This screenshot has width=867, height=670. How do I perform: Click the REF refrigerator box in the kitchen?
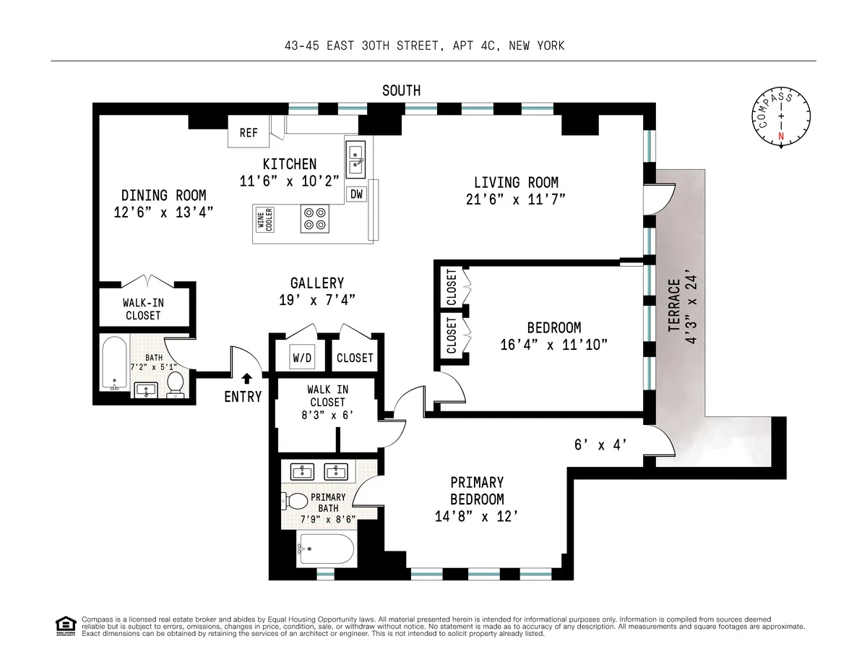[x=249, y=133]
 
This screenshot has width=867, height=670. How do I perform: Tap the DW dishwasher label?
[x=356, y=194]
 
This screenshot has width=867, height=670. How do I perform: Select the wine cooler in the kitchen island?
[x=264, y=219]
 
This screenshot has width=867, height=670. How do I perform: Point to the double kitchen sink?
[x=356, y=160]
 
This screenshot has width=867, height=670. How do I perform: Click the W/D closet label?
[x=301, y=358]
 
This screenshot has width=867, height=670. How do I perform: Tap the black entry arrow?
[x=247, y=377]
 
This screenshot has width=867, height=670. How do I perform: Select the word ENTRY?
[x=243, y=396]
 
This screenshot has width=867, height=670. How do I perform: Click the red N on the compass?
[x=781, y=135]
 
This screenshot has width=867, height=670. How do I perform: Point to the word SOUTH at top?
[x=401, y=90]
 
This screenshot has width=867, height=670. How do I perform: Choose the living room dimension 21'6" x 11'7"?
[x=515, y=199]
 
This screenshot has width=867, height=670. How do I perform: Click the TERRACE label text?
[x=674, y=306]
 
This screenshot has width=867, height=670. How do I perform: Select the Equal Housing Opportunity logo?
[x=66, y=626]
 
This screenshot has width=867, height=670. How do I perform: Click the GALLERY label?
[x=316, y=283]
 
